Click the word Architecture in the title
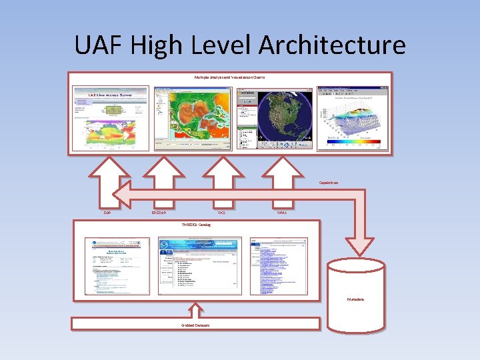(x=332, y=45)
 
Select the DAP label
(x=107, y=213)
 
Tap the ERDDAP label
(x=159, y=213)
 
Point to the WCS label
(x=221, y=213)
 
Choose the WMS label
(x=282, y=213)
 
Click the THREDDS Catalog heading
(x=196, y=225)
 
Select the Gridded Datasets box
(x=195, y=324)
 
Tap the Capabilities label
(x=329, y=182)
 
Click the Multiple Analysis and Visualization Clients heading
(x=230, y=77)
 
